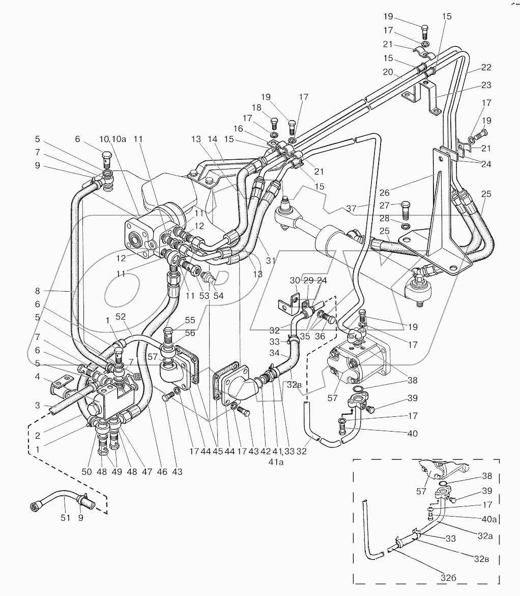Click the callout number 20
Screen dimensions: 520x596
pos(388,72)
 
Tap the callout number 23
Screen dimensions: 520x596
pos(486,85)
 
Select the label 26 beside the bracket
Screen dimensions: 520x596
pos(384,192)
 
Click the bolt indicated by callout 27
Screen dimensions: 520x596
pos(405,209)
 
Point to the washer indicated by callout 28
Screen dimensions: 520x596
pos(406,227)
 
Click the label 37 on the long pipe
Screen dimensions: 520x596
pos(351,208)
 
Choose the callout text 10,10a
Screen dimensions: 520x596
pos(112,139)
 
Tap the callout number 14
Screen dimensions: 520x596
pos(213,139)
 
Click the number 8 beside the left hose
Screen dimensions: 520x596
pos(37,291)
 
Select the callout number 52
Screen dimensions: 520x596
pos(121,317)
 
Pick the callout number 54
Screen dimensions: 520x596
pos(218,296)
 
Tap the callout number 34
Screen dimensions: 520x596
pos(274,353)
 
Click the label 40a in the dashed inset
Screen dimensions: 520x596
pos(489,519)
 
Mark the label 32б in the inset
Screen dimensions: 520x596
pos(448,578)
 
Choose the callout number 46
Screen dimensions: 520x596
pos(162,472)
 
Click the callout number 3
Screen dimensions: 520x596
pos(37,405)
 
